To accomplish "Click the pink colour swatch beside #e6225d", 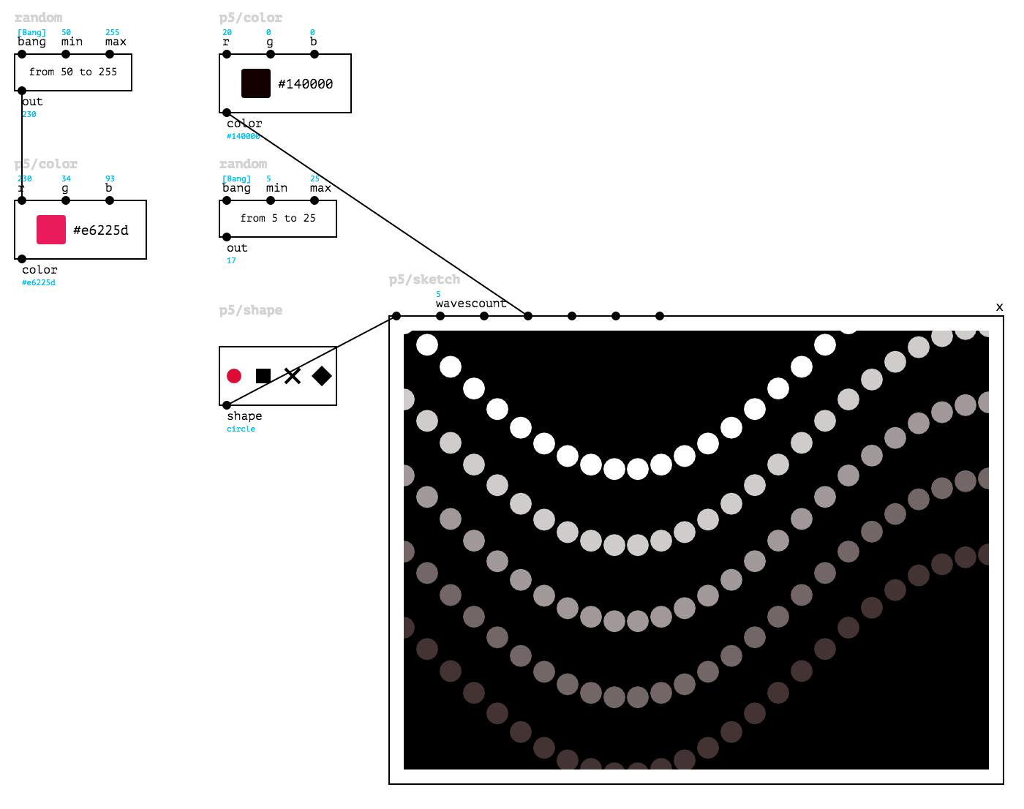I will coord(51,230).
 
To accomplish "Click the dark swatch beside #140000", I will coord(256,83).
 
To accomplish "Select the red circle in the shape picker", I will coord(234,376).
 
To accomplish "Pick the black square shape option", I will coord(263,376).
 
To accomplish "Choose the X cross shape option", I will coord(293,376).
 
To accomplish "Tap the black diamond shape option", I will coord(322,376).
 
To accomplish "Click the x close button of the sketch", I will coord(999,307).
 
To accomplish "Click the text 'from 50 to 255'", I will coord(73,72).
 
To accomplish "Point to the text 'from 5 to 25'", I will coord(278,218).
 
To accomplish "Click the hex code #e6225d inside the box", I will coord(101,230).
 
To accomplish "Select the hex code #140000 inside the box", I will coord(306,84).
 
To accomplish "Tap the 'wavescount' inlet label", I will coord(470,304).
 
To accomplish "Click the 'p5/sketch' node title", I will coord(424,279).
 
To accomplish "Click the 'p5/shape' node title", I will coord(251,310).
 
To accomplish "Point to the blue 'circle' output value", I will coord(241,429).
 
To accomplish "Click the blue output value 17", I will coord(231,261).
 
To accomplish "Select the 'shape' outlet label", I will coord(244,416).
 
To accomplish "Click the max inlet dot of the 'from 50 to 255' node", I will coord(110,54).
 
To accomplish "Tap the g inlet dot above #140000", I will coord(271,54).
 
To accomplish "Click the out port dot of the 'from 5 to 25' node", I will coord(227,237).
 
